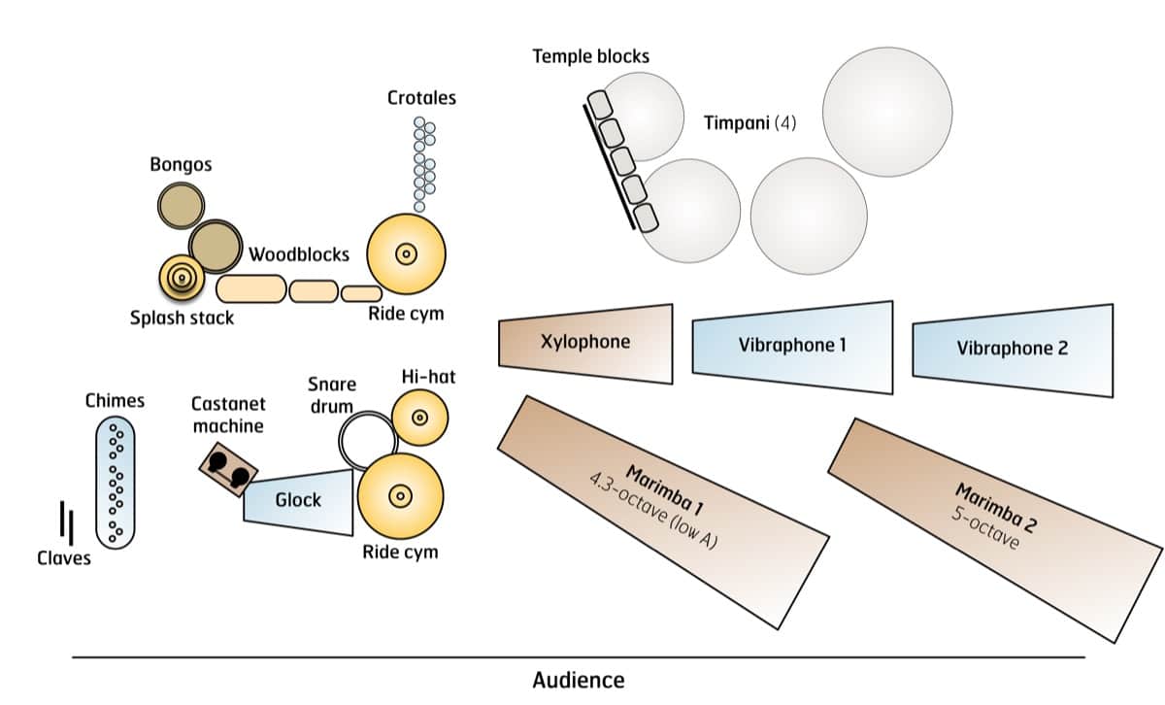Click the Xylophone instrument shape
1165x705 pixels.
[585, 342]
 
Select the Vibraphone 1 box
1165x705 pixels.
[792, 347]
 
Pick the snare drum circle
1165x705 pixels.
[367, 440]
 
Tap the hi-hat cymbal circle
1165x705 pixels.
[419, 418]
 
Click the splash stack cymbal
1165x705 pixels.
[181, 278]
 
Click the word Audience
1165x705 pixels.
[579, 680]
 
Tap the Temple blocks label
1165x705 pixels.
[590, 55]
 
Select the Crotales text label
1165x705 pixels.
[421, 98]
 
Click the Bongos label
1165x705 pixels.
[181, 164]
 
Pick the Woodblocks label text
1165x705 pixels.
[299, 255]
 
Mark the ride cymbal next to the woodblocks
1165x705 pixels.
[406, 254]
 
